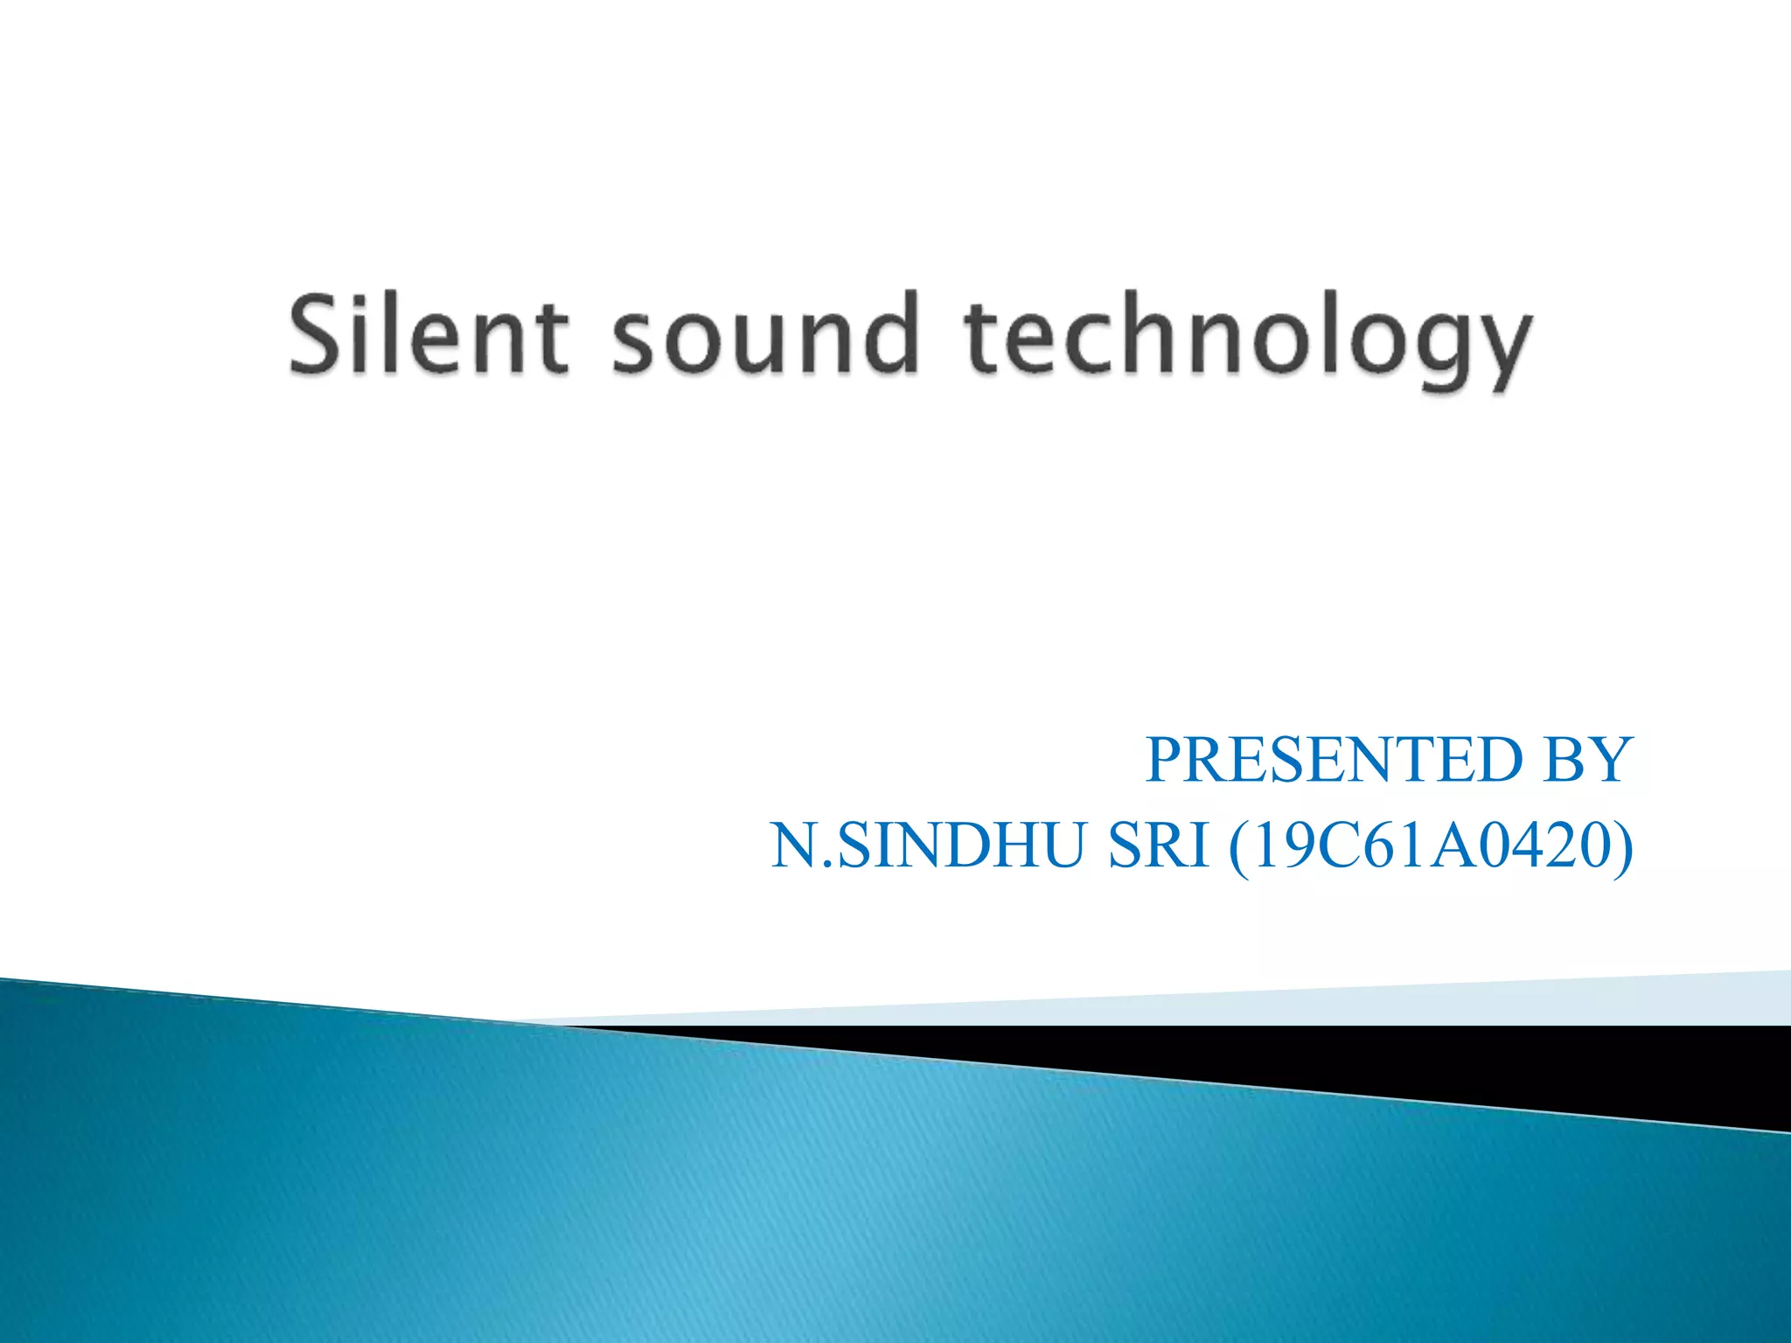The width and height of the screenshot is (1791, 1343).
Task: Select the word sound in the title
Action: (765, 335)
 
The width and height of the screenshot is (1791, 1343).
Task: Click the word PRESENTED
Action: (1335, 759)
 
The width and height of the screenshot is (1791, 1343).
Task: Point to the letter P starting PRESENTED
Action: (1164, 759)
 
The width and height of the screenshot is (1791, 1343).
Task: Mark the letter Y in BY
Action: (1610, 759)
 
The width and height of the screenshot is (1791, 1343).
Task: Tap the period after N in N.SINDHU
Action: (827, 866)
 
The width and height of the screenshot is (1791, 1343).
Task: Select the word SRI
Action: (1159, 846)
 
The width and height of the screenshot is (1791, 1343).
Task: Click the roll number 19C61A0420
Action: (1431, 846)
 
